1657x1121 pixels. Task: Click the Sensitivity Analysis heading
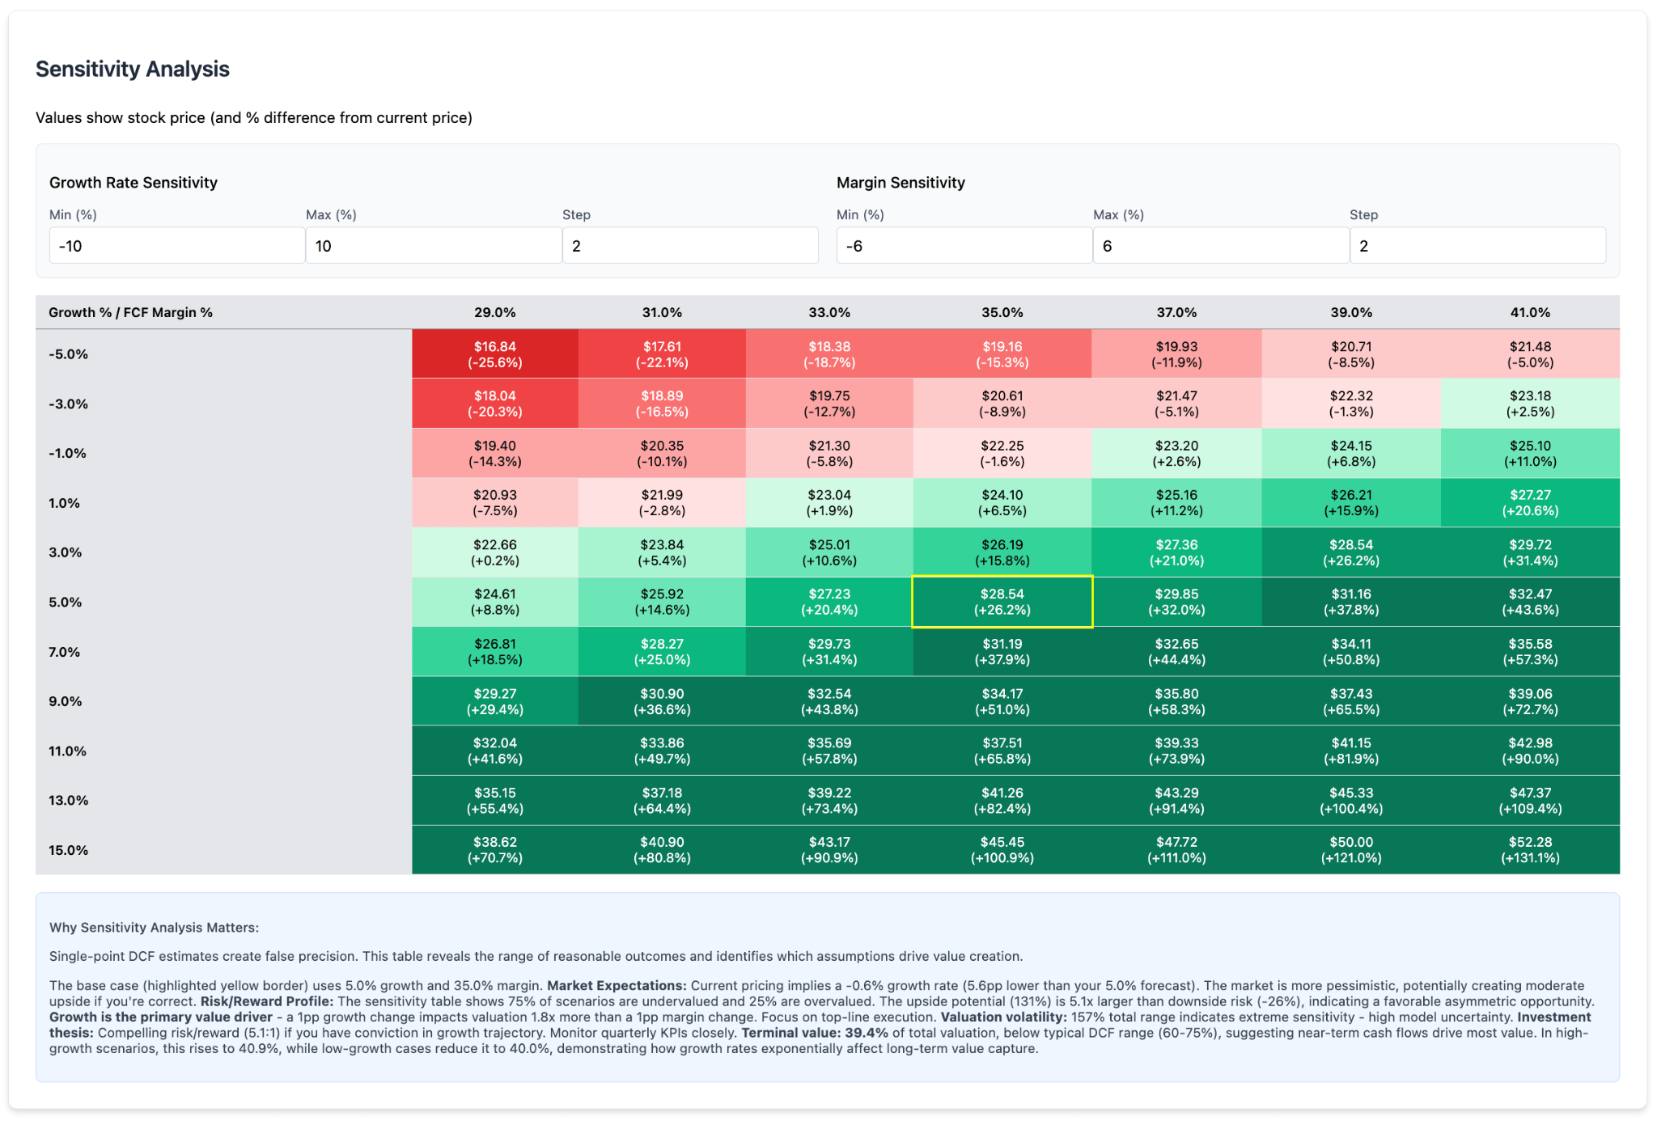133,70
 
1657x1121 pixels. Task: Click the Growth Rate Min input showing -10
176,246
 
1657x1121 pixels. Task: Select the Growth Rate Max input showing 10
433,246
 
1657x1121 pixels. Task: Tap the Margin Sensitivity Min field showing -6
964,246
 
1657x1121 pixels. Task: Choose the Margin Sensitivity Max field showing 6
1220,246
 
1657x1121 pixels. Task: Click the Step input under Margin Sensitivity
1477,246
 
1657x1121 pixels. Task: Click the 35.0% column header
1002,313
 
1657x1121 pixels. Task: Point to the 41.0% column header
1529,313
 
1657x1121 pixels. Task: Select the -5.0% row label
69,354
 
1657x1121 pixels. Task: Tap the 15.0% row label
69,850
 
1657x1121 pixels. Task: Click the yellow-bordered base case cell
1002,602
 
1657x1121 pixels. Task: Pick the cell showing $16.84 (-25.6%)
494,354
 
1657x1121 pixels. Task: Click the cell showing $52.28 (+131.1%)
1529,850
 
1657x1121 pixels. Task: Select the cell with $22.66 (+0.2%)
494,552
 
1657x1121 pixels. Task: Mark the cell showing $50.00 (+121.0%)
1350,850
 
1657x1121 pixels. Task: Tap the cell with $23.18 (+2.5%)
1529,404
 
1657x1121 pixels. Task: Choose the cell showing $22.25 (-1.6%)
1002,453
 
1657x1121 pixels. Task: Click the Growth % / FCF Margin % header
130,313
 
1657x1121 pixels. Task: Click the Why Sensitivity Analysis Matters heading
154,928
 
